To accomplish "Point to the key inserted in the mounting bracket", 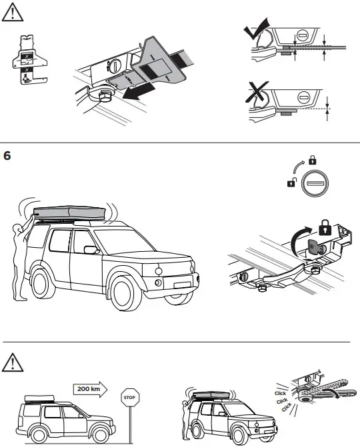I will click(313, 247).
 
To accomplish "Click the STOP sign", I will click(129, 398).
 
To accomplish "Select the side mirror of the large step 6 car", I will click(88, 250).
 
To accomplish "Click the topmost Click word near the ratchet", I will click(280, 394).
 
